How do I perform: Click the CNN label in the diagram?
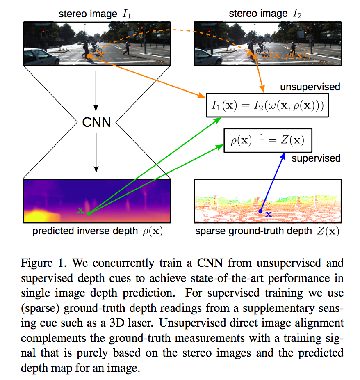pyautogui.click(x=96, y=122)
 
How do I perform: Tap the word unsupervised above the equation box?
pyautogui.click(x=310, y=87)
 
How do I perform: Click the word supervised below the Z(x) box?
pyautogui.click(x=316, y=158)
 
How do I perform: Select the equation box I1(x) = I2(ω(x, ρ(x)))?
pyautogui.click(x=267, y=105)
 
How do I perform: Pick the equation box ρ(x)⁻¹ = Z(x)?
pyautogui.click(x=268, y=140)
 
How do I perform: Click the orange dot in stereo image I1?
pyautogui.click(x=89, y=56)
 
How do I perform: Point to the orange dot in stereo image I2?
pyautogui.click(x=255, y=57)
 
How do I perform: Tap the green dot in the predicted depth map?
pyautogui.click(x=89, y=213)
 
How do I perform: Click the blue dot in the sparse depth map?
pyautogui.click(x=260, y=211)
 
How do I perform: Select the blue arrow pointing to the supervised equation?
pyautogui.click(x=273, y=182)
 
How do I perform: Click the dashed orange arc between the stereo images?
pyautogui.click(x=172, y=30)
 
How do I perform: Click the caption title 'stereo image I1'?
pyautogui.click(x=95, y=14)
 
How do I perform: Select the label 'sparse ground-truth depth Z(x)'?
pyautogui.click(x=267, y=231)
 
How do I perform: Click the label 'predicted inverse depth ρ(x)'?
pyautogui.click(x=98, y=231)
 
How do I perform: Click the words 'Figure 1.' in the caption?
pyautogui.click(x=43, y=263)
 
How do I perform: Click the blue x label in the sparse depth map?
pyautogui.click(x=269, y=214)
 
